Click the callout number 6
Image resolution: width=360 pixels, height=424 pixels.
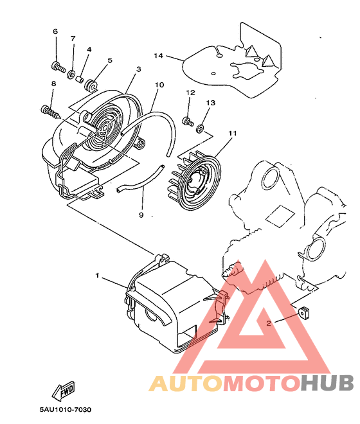[55, 31]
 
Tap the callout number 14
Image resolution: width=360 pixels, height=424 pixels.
[159, 56]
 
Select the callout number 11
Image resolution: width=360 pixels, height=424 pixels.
[233, 134]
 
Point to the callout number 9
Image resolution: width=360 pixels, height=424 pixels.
[141, 215]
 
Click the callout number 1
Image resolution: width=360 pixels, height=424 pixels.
[97, 276]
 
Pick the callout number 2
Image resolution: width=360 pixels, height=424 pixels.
[269, 323]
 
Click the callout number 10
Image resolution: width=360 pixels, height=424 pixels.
[159, 85]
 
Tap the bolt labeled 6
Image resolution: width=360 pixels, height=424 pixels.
[59, 67]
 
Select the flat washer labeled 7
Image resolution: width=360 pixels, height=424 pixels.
[71, 74]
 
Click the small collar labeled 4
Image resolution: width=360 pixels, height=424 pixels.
[79, 80]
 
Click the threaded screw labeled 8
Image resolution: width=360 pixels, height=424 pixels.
[51, 113]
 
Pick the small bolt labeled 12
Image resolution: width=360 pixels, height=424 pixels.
[188, 121]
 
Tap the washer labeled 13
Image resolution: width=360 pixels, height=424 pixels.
[201, 128]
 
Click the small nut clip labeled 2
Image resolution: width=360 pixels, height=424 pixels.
[305, 312]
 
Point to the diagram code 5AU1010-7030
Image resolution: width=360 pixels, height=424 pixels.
[66, 410]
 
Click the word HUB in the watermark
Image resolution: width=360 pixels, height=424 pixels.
[327, 383]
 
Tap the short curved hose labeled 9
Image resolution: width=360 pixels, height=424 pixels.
[141, 180]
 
